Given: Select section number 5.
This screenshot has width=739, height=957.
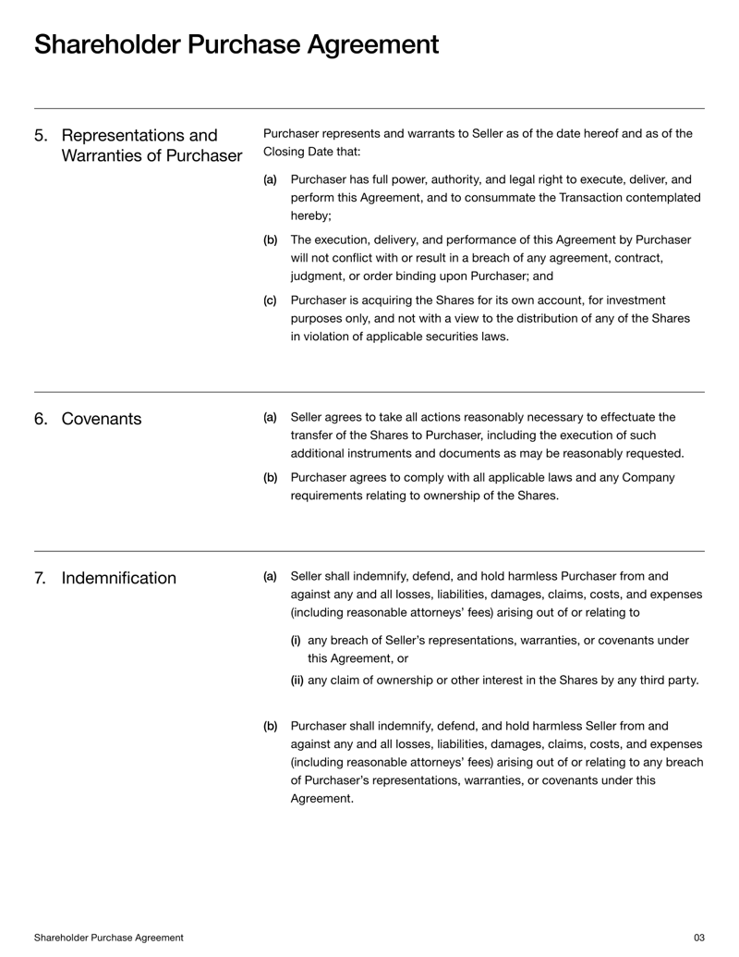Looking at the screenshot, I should [42, 136].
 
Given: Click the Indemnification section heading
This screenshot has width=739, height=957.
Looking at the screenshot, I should [119, 579].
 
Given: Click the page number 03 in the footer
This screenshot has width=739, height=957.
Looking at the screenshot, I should [698, 938].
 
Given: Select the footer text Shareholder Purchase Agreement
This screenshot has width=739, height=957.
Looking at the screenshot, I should [108, 938].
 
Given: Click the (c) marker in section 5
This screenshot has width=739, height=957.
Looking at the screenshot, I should [270, 301].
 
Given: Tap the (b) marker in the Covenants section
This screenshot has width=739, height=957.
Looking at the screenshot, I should [271, 478].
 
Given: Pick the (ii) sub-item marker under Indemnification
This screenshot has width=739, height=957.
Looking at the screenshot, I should [297, 681].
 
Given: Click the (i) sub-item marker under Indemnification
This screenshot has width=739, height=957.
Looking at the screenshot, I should [296, 639].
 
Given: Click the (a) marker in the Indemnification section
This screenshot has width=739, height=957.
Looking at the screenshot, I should [270, 576].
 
